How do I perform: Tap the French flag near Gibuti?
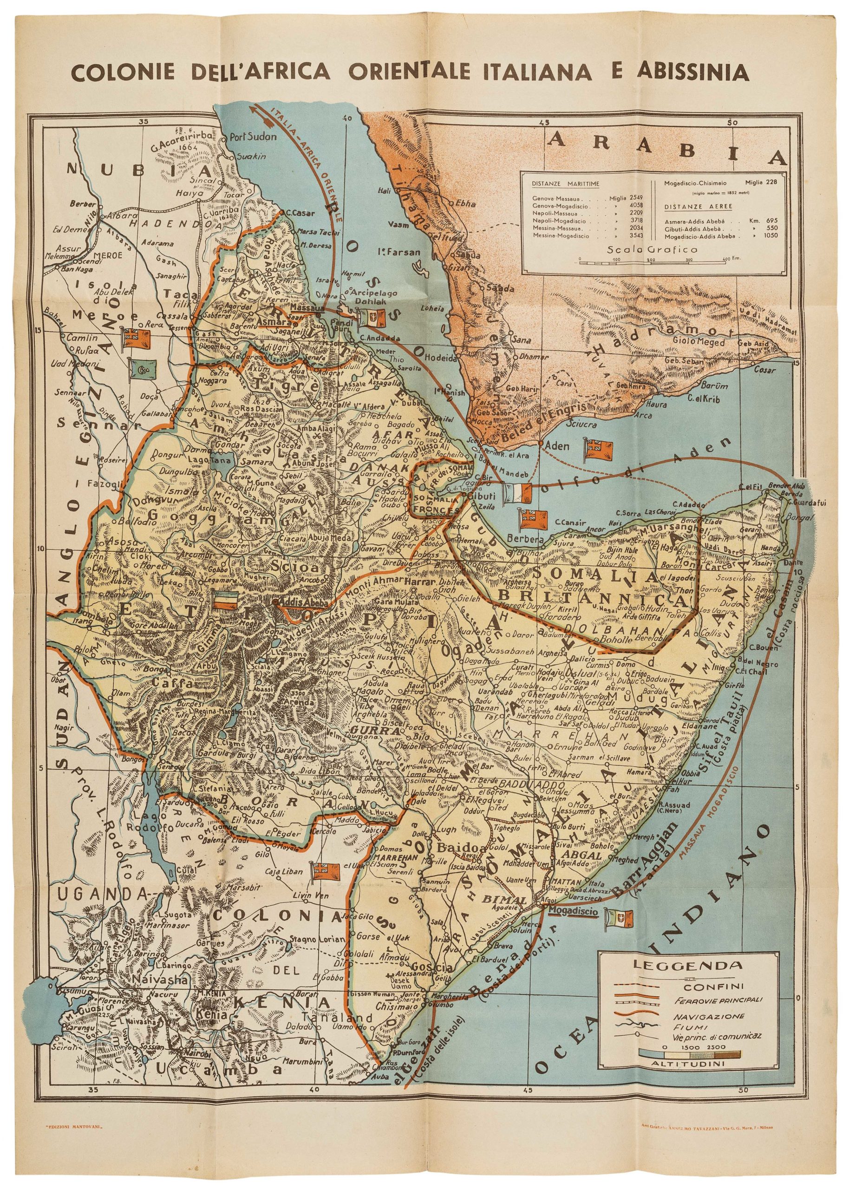click(x=516, y=493)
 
